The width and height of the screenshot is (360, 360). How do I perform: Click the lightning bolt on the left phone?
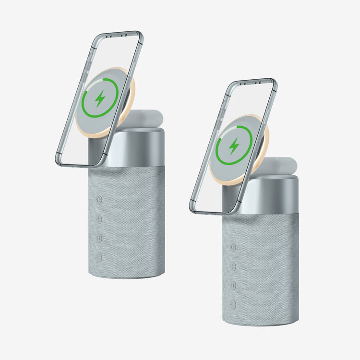click(x=100, y=98)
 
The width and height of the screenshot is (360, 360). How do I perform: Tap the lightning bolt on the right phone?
click(x=234, y=145)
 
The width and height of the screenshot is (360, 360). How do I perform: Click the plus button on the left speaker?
click(x=99, y=219)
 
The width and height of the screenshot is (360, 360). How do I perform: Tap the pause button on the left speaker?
click(x=99, y=238)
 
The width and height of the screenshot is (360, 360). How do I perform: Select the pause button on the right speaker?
click(x=233, y=285)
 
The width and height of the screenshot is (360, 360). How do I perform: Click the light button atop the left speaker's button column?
click(x=99, y=200)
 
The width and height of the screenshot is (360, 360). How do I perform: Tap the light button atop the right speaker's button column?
click(x=233, y=247)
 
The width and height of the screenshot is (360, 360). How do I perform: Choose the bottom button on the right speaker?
click(x=233, y=304)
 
